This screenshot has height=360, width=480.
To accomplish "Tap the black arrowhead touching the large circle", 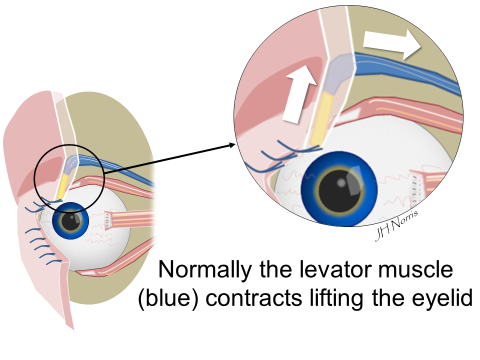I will click(x=231, y=145).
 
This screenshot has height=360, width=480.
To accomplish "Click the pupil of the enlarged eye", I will click(x=338, y=187).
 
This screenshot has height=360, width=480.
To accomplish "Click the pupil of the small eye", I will click(x=71, y=221).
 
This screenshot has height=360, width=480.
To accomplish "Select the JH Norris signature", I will click(x=395, y=224).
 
